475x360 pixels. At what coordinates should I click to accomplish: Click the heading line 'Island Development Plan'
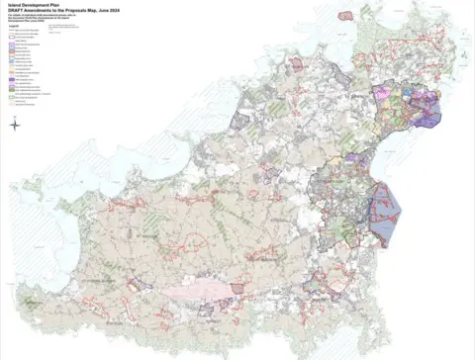pyautogui.click(x=31, y=4)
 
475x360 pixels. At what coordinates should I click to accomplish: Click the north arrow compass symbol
pyautogui.click(x=15, y=125)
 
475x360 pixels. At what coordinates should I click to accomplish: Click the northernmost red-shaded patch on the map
pyautogui.click(x=345, y=16)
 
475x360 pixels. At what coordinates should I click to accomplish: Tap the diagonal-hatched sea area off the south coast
pyautogui.click(x=297, y=341)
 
